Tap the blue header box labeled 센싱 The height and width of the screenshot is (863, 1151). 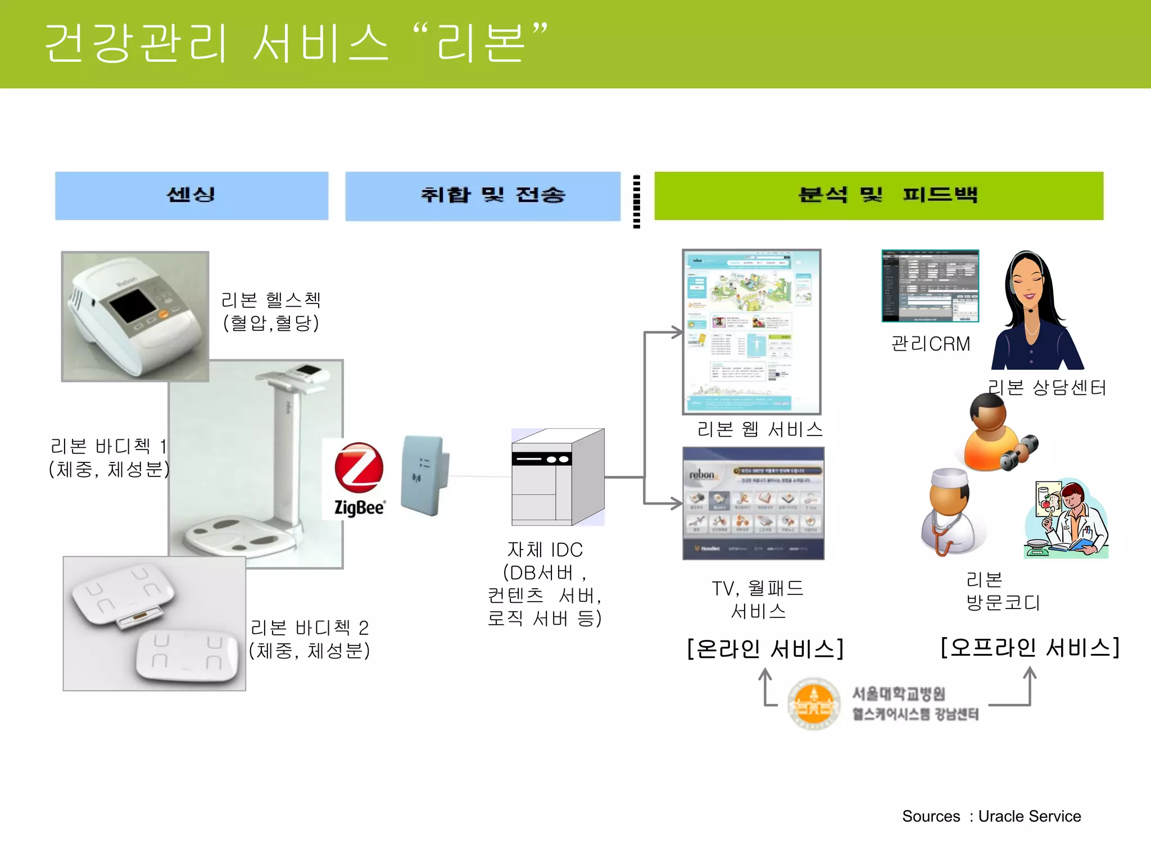pyautogui.click(x=192, y=196)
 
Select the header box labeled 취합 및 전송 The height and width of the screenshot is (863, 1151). pyautogui.click(x=483, y=196)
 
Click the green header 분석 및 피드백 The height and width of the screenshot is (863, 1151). pyautogui.click(x=878, y=196)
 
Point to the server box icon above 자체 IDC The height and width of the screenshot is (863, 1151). pyautogui.click(x=558, y=478)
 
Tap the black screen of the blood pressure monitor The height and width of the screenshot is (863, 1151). pyautogui.click(x=133, y=306)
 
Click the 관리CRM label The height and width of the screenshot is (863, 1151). pyautogui.click(x=931, y=344)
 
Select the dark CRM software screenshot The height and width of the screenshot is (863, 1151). pyautogui.click(x=930, y=286)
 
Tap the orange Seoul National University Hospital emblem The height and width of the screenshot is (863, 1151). pyautogui.click(x=813, y=703)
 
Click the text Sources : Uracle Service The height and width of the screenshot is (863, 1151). pyautogui.click(x=991, y=816)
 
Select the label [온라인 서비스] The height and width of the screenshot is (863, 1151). pyautogui.click(x=765, y=649)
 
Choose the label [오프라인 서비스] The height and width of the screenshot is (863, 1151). pyautogui.click(x=1030, y=647)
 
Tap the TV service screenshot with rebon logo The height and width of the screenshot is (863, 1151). pyautogui.click(x=753, y=503)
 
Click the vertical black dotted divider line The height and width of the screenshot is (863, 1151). pyautogui.click(x=636, y=201)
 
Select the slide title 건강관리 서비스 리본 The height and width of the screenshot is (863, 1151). pyautogui.click(x=295, y=43)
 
